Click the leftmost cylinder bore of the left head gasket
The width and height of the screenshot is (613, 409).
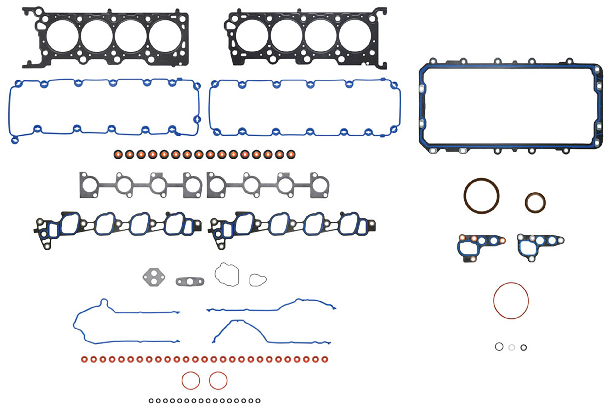coord(62,36)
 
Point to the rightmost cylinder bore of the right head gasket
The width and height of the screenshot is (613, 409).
coord(355,36)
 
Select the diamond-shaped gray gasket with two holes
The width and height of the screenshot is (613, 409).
coord(154,277)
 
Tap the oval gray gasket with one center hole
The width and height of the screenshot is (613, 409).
coord(190,281)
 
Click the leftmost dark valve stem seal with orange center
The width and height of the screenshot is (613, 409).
coord(118,154)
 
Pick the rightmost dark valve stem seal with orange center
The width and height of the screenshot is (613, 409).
coord(291,154)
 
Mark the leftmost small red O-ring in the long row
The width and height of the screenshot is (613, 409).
coord(84,359)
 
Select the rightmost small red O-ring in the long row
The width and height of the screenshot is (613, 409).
coord(324,359)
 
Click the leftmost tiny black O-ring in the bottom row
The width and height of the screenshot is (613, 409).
coord(151,401)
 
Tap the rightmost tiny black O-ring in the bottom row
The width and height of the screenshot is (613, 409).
coord(258,401)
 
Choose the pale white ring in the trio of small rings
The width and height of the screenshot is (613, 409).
coord(511,347)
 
